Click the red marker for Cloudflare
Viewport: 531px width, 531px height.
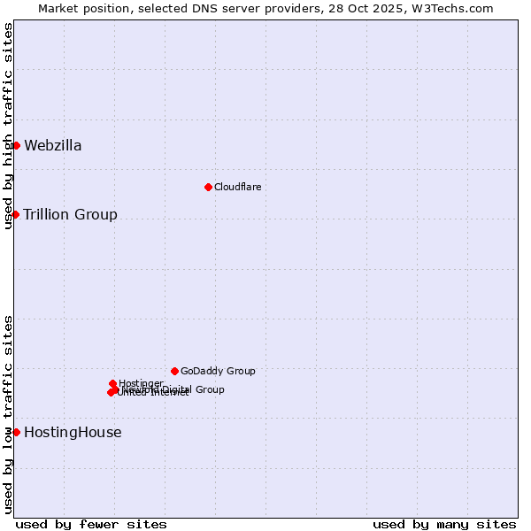click(x=208, y=187)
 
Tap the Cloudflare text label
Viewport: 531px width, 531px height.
click(x=237, y=187)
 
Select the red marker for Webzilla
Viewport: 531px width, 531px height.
click(x=16, y=145)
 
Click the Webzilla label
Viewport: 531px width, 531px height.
click(x=52, y=146)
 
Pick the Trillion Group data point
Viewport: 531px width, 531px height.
click(x=15, y=214)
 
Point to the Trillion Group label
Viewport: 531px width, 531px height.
click(x=70, y=215)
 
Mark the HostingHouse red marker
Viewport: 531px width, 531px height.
click(x=16, y=432)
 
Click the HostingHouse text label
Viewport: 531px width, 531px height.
click(x=73, y=433)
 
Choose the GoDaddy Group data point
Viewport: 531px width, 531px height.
click(x=174, y=371)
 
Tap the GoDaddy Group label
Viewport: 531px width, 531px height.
click(x=218, y=371)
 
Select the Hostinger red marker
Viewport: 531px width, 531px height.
click(x=112, y=383)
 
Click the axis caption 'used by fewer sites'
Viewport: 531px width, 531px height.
click(x=91, y=524)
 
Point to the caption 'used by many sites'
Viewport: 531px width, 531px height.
click(x=444, y=524)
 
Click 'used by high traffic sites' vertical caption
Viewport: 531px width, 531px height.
click(x=8, y=126)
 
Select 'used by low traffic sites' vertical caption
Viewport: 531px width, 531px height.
click(x=8, y=414)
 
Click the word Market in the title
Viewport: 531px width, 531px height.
click(x=58, y=8)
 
